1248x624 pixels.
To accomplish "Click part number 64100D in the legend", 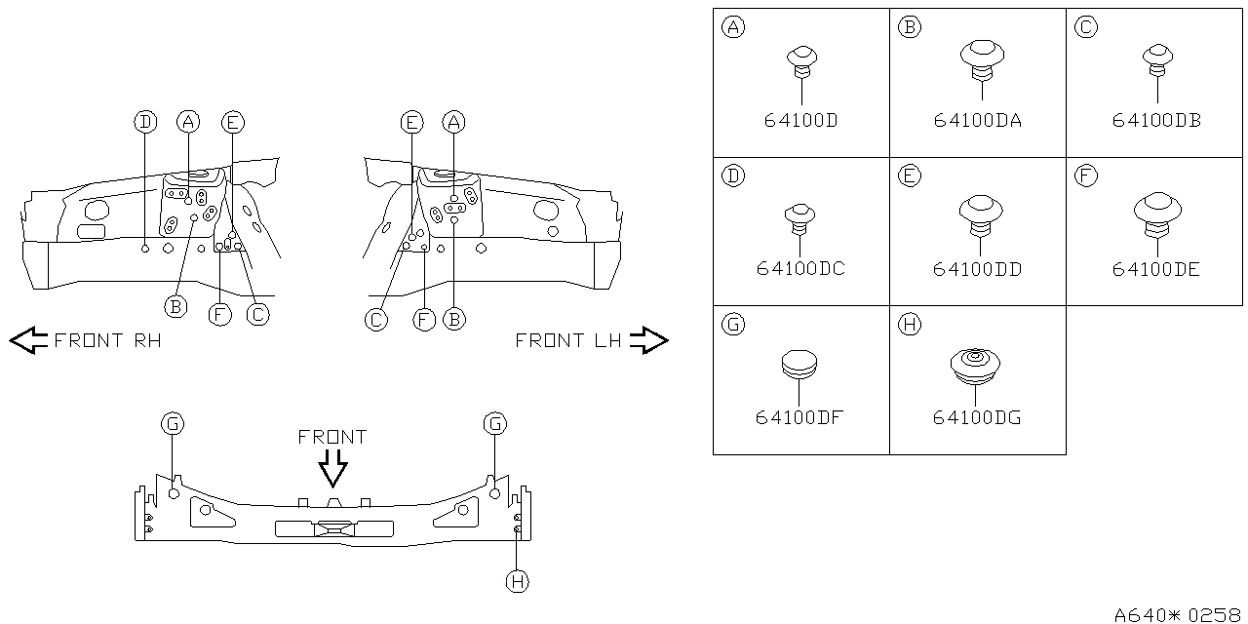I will point(800,122).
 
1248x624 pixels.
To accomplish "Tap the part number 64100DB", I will point(1156,121).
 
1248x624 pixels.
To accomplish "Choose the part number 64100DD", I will point(977,269).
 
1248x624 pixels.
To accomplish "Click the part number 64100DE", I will point(1155,269).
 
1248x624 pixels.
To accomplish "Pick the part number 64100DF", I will point(799,418).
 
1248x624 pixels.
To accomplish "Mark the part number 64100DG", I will point(977,418).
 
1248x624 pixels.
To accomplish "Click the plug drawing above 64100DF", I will point(799,363).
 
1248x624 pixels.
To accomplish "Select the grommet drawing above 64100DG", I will point(976,365).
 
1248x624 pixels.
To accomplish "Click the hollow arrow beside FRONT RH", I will point(28,340).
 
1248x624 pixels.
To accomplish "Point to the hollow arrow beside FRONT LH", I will point(648,340).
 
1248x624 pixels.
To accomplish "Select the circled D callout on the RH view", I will point(144,122).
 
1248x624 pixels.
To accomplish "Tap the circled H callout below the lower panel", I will point(517,581).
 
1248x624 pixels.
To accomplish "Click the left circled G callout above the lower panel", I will point(172,423).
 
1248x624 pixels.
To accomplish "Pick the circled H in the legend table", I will point(910,325).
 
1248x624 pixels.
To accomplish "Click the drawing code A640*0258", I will point(1179,614).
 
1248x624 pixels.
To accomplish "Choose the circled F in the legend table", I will point(1086,176).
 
